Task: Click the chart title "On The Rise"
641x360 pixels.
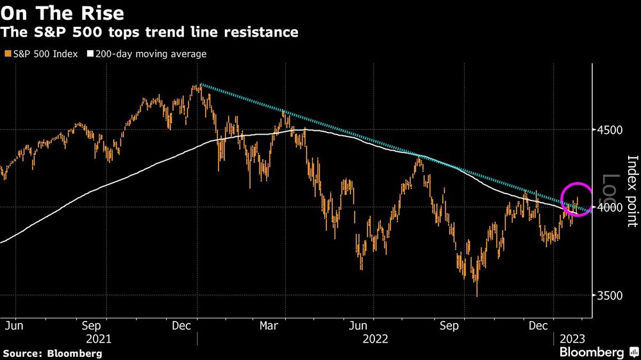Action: [x=63, y=12]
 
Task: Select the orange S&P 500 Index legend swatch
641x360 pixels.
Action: [x=6, y=54]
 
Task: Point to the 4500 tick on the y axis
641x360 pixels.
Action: [x=610, y=130]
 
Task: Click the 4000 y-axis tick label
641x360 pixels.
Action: [x=610, y=208]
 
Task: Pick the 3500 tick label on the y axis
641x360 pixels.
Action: [x=610, y=295]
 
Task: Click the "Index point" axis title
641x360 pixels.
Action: [x=632, y=191]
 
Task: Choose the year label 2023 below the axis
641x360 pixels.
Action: [x=572, y=338]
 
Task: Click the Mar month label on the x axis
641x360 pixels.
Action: [x=268, y=325]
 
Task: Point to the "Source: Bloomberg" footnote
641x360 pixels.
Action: [x=53, y=353]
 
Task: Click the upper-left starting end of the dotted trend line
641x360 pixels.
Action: [x=200, y=85]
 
